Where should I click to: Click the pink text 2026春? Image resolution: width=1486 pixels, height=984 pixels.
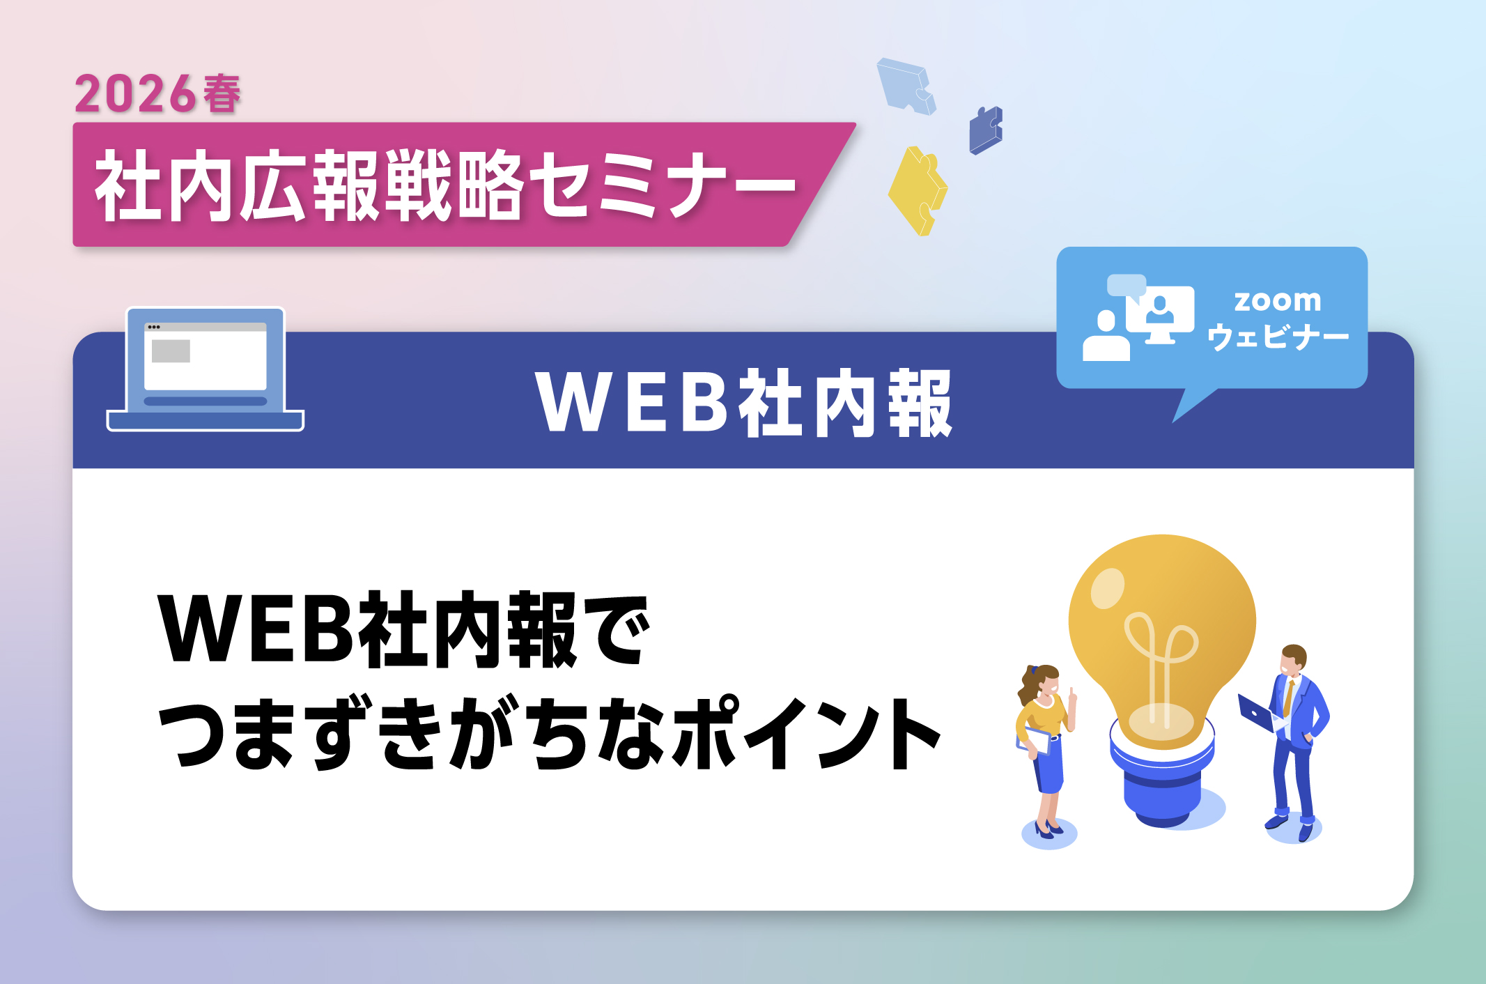[158, 93]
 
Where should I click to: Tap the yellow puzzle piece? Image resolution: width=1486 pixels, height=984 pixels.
[918, 190]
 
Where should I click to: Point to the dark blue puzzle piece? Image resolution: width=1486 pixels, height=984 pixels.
[985, 130]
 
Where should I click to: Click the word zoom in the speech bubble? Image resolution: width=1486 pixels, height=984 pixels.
[1277, 300]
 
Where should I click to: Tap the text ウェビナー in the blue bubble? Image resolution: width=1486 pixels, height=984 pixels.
[1278, 337]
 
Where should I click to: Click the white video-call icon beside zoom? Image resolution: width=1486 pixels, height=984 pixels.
[1138, 317]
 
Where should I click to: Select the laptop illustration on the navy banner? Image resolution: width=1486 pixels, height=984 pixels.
[206, 369]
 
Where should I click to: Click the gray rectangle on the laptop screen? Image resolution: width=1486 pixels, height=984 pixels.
[171, 351]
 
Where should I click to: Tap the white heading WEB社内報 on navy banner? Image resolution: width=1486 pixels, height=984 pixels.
[744, 403]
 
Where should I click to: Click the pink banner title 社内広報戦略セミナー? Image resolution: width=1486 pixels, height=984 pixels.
[446, 185]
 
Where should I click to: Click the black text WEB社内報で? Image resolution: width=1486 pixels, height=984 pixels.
[404, 629]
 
